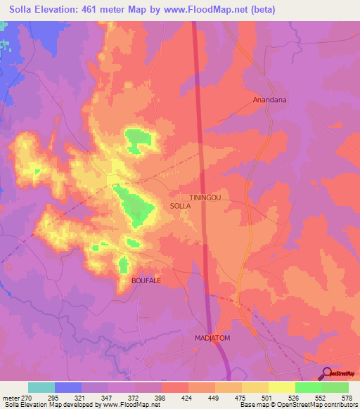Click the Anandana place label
[x=271, y=100]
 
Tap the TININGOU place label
[x=205, y=198]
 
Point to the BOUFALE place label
[x=146, y=280]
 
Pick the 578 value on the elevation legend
[x=347, y=398]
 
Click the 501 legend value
[x=267, y=398]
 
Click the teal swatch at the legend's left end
[x=41, y=387]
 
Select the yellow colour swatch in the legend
[x=281, y=387]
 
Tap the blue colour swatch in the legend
[x=68, y=387]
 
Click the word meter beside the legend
[x=11, y=398]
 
